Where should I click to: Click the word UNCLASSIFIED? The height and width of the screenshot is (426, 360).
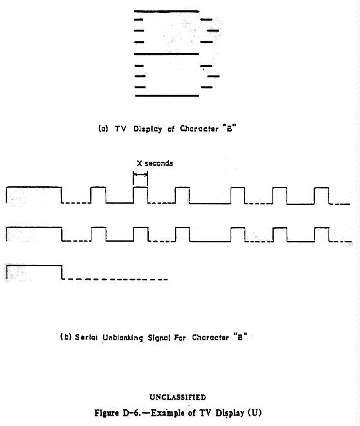pyautogui.click(x=178, y=397)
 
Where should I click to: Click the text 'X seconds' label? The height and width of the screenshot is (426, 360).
pyautogui.click(x=155, y=163)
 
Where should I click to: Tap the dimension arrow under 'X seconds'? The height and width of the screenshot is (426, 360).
pyautogui.click(x=140, y=175)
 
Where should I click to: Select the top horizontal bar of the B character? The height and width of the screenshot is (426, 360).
pyautogui.click(x=166, y=12)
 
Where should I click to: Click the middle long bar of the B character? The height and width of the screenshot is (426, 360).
pyautogui.click(x=166, y=53)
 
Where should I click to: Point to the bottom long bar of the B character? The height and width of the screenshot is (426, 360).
pyautogui.click(x=167, y=95)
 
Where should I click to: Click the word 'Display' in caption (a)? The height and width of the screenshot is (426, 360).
pyautogui.click(x=147, y=129)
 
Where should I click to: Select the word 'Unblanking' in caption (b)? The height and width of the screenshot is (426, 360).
pyautogui.click(x=123, y=338)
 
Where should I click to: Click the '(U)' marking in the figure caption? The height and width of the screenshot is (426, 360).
pyautogui.click(x=254, y=413)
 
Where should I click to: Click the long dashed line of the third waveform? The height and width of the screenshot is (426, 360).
pyautogui.click(x=115, y=279)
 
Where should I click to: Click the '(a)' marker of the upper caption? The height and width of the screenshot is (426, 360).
pyautogui.click(x=103, y=128)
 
